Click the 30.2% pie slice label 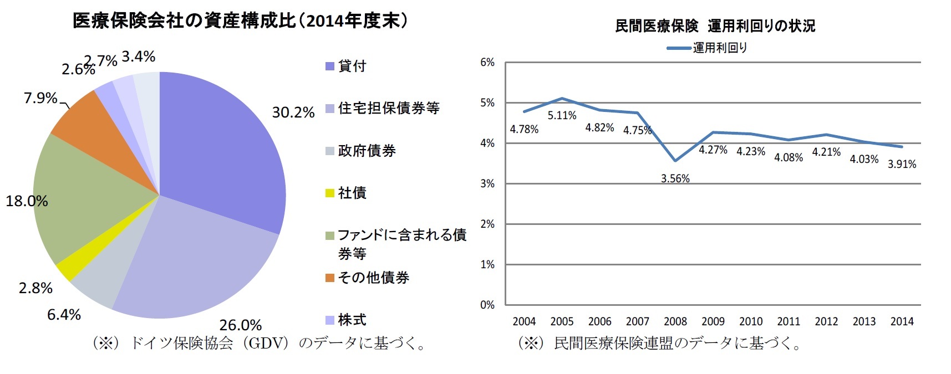[x=293, y=112]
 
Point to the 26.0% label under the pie [x=240, y=325]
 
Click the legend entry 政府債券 [x=367, y=151]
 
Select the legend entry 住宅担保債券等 [x=388, y=108]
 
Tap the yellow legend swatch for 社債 [x=329, y=193]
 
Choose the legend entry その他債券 [x=373, y=278]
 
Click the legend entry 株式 [x=352, y=320]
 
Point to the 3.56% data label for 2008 [x=675, y=178]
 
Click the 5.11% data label [x=562, y=115]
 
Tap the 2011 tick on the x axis [x=788, y=321]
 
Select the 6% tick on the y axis [x=487, y=63]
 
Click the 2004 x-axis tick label [x=523, y=321]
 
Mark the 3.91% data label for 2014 [x=902, y=164]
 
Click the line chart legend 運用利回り [x=719, y=48]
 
